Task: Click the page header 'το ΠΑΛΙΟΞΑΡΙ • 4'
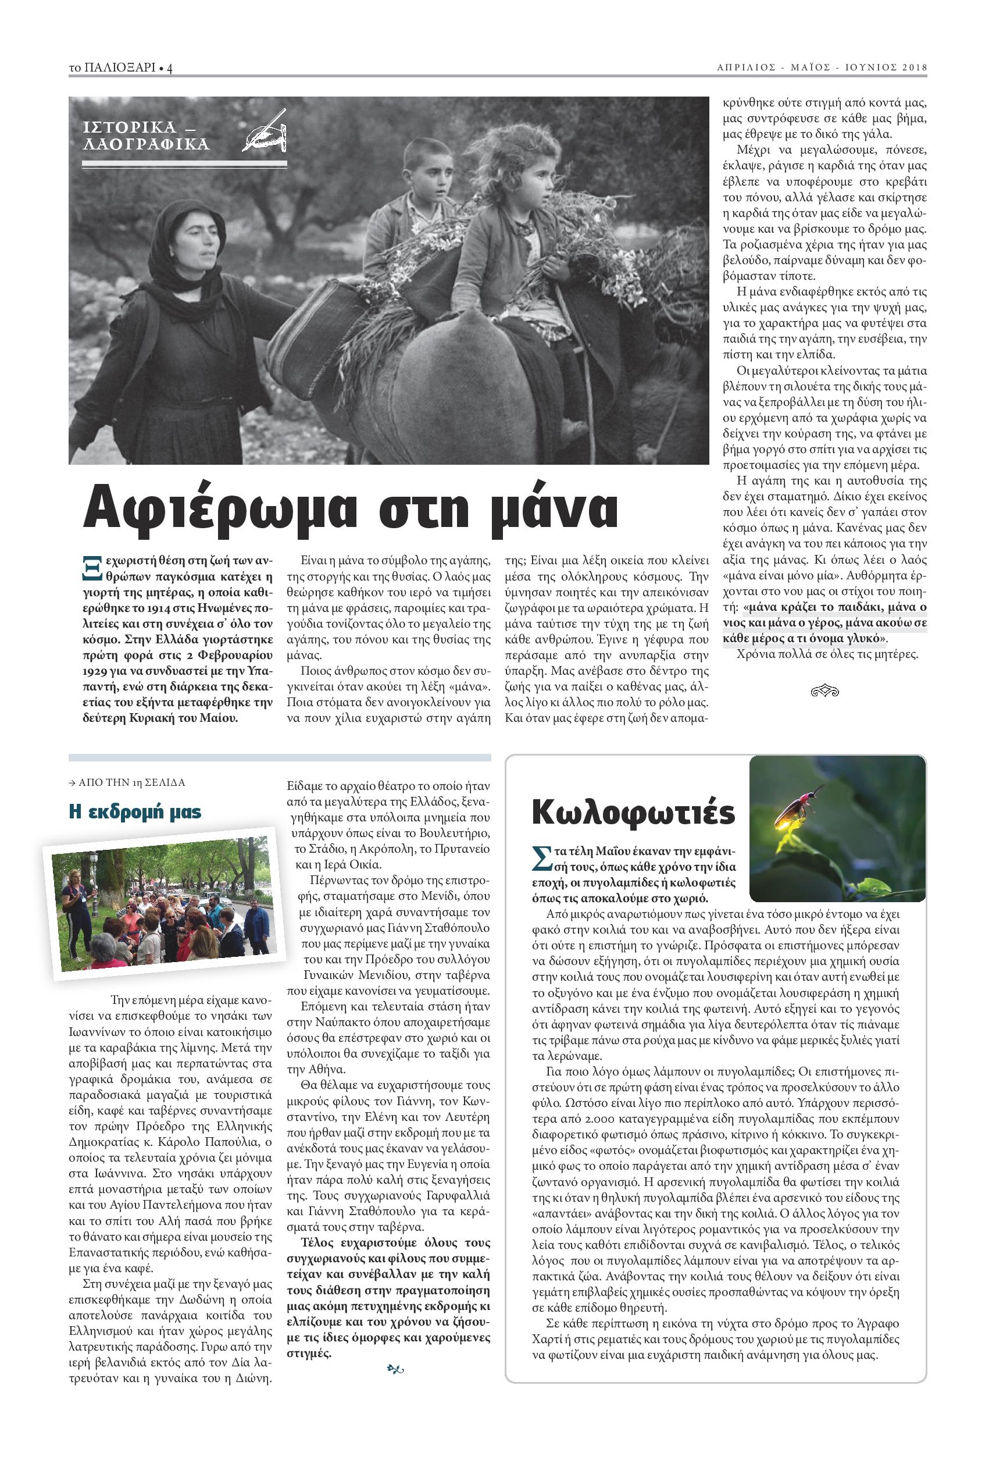tap(120, 69)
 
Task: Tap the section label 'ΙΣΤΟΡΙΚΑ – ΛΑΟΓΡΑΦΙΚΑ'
tap(146, 136)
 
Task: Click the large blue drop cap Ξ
tap(92, 567)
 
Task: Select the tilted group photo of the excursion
tap(162, 906)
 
